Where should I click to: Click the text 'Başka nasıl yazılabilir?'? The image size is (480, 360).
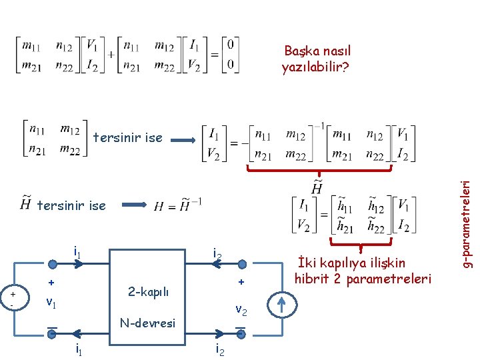317,59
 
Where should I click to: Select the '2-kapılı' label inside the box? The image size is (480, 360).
149,292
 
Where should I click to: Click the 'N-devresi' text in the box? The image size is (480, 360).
149,323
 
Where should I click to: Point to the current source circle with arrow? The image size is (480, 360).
281,303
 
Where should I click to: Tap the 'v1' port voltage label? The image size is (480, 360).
51,301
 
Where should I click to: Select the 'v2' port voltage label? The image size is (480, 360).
242,310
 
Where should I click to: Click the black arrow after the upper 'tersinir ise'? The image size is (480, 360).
185,138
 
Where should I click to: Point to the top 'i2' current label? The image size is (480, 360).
218,254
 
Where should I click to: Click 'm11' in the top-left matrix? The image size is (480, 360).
31,46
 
